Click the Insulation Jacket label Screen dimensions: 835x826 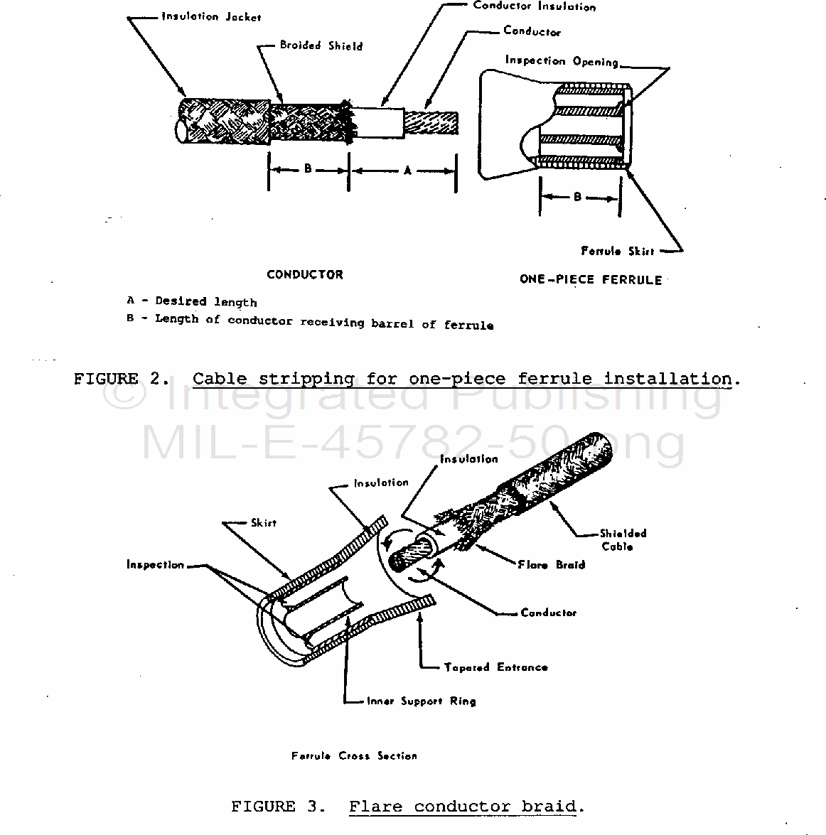point(211,16)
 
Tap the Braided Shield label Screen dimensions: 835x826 point(321,45)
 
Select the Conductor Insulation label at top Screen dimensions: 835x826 point(534,6)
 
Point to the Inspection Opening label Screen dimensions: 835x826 point(562,61)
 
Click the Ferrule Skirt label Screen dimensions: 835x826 point(617,251)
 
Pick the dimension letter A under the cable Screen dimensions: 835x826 point(407,171)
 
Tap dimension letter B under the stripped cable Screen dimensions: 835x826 point(308,169)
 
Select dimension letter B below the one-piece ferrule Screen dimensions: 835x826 point(577,197)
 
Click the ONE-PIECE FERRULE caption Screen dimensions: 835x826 point(590,279)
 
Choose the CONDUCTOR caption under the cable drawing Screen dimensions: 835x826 point(304,275)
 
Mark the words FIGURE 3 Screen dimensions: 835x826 point(278,807)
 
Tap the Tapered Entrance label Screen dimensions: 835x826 point(495,667)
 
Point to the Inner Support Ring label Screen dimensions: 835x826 point(421,701)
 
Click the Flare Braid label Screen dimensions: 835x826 point(551,565)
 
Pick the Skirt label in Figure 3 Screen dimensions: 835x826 point(263,523)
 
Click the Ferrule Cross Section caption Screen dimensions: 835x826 point(354,756)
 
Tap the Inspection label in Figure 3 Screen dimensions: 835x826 point(155,565)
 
